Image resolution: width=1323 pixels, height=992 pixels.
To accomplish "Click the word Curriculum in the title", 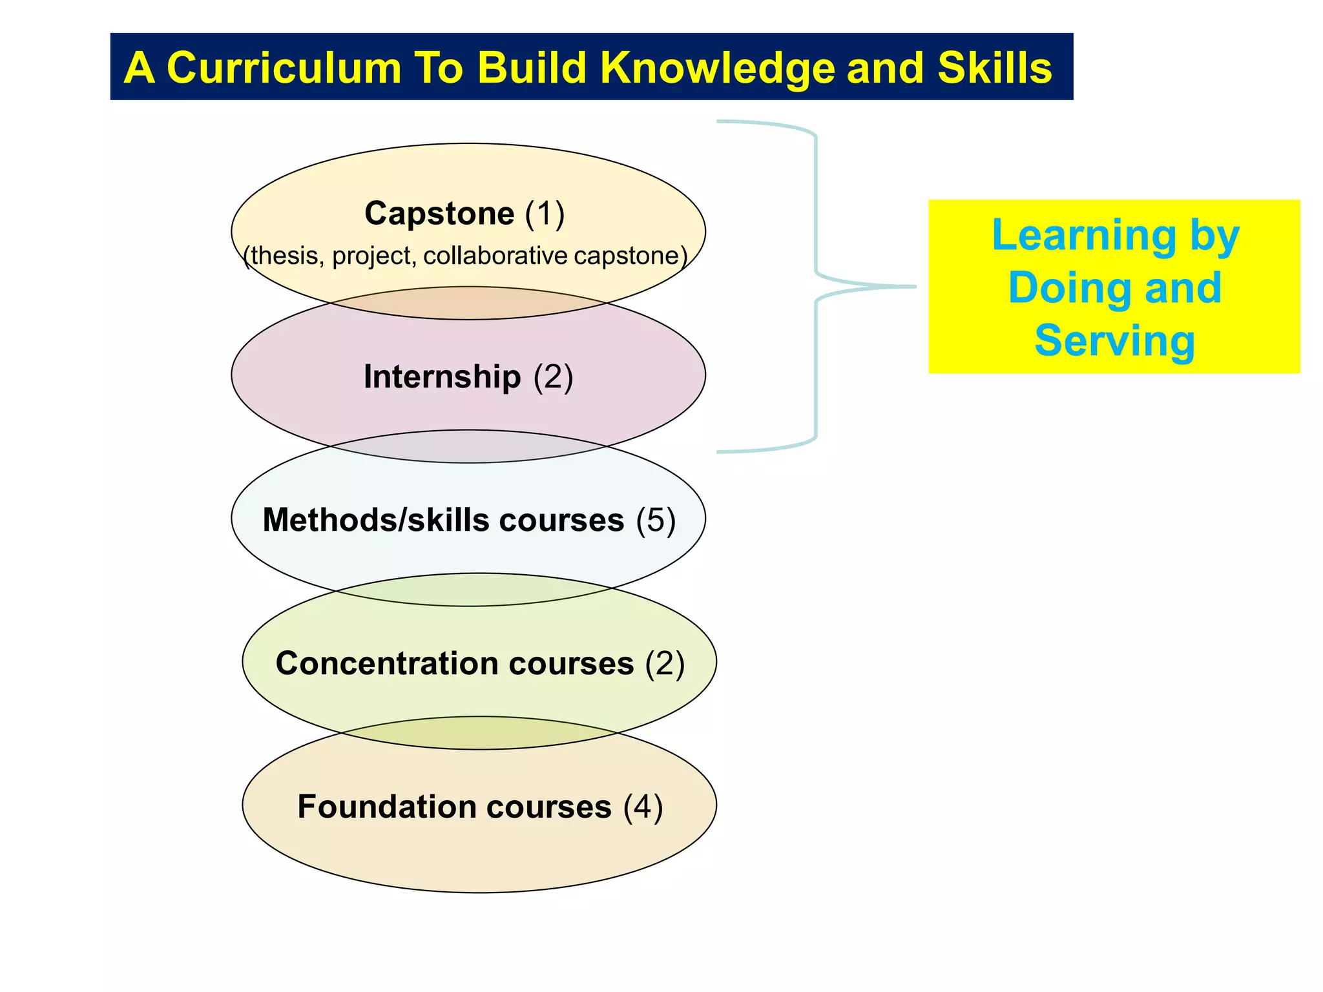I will point(284,68).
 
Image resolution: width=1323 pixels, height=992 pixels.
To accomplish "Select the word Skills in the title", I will point(995,68).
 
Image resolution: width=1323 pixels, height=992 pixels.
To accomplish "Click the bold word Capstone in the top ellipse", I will point(439,213).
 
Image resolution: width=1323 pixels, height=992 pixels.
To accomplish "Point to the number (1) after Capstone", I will point(545,213).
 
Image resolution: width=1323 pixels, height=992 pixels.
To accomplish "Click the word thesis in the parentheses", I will point(284,256).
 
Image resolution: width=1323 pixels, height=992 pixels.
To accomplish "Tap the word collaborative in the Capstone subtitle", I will point(495,256).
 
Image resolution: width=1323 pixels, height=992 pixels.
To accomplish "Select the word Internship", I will point(442,377).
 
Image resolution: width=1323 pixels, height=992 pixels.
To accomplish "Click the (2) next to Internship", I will point(553,377).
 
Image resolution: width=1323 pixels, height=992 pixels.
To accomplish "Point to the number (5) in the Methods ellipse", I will point(656,520).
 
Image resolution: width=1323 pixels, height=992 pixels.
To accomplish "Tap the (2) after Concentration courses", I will point(665,663).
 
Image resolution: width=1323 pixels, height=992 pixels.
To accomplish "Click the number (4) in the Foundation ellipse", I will point(643,807).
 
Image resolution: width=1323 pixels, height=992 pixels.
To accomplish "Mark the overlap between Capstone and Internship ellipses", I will point(468,303).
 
